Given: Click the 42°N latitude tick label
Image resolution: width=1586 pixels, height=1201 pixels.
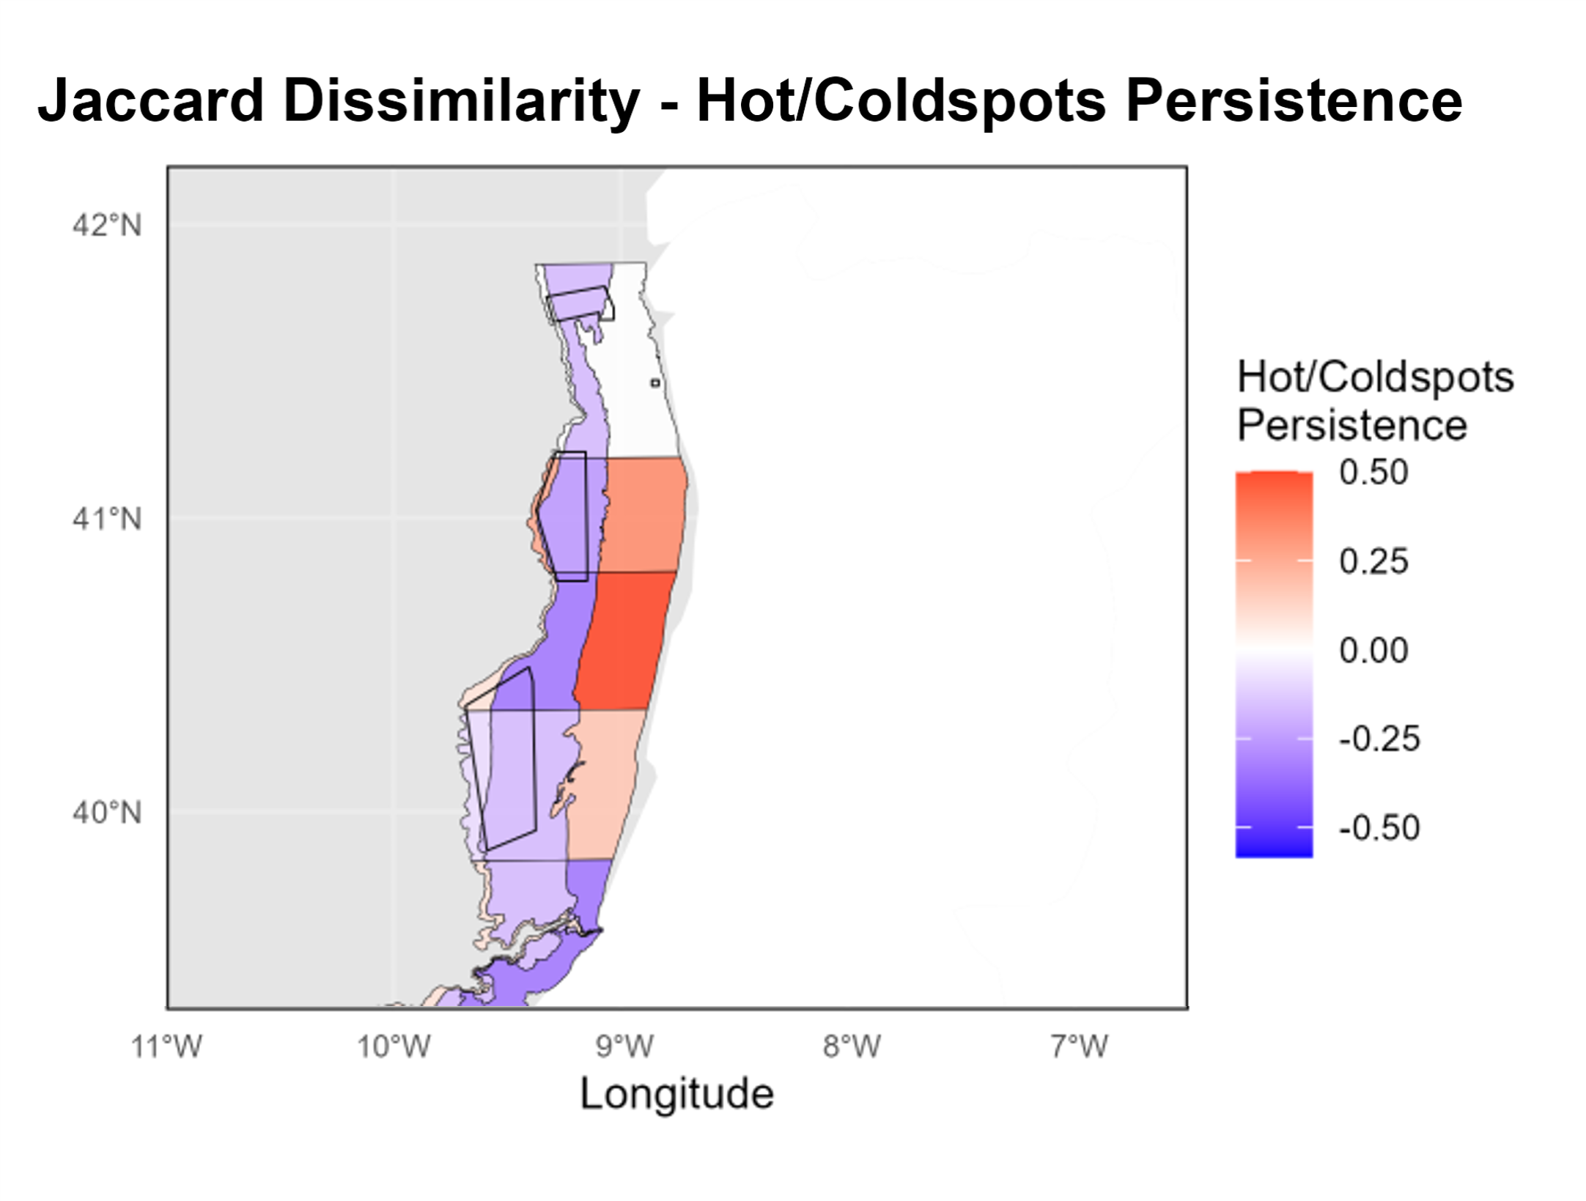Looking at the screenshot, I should (107, 225).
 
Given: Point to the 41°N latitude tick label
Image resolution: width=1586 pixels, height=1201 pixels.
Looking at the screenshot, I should (107, 520).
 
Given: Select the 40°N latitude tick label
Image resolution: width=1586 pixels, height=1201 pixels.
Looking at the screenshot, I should (107, 813).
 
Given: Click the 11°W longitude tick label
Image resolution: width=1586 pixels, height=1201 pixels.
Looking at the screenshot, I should (166, 1046).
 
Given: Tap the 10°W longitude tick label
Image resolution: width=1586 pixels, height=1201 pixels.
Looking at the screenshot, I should (394, 1046).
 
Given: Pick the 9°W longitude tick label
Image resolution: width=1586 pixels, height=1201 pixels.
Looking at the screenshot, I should (624, 1046).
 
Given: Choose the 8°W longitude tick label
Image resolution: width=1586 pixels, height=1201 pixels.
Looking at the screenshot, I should (852, 1046).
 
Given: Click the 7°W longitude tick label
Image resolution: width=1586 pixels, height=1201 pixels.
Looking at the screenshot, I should (1080, 1046).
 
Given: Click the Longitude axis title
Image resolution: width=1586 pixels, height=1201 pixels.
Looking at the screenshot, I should (676, 1094).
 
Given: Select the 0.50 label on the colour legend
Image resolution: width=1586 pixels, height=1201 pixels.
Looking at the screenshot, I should (1373, 473).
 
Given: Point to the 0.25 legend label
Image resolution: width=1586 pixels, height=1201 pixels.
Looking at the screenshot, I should (1373, 562).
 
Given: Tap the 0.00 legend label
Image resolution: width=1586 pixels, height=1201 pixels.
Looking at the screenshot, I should (1373, 651).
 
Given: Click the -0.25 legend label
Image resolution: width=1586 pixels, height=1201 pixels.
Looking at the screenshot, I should (1379, 739).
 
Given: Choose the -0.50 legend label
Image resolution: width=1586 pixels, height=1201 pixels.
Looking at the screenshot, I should (1379, 828).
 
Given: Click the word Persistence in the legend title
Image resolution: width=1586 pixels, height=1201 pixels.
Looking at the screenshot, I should (1352, 425).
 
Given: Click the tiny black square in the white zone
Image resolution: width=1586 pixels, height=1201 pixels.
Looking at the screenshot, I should (655, 383).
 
